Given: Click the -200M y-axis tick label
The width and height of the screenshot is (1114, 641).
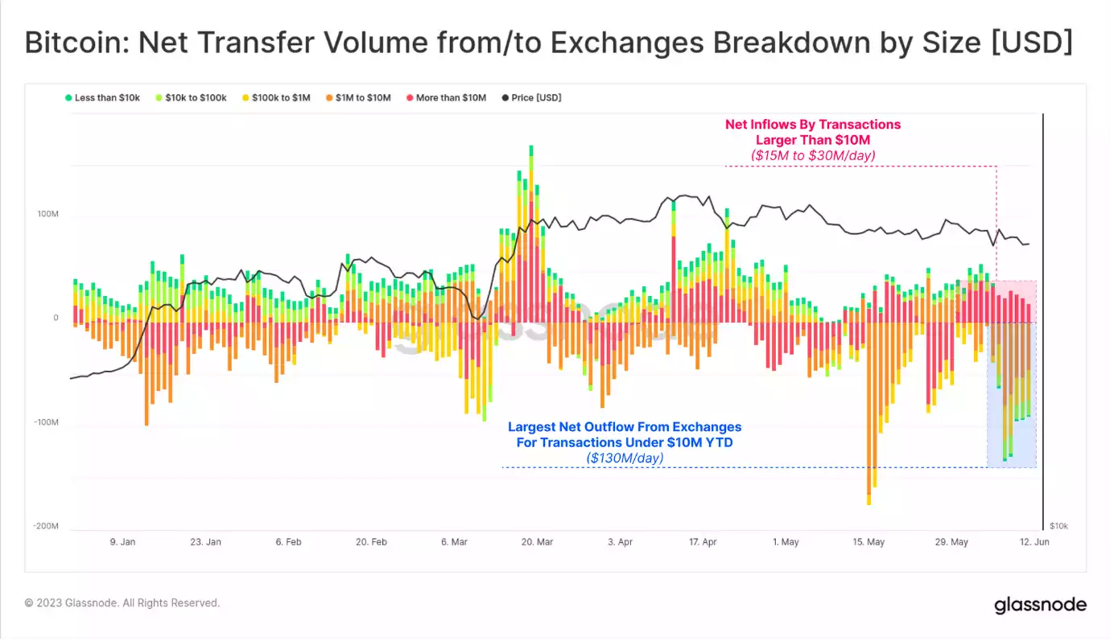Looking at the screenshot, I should click(x=45, y=526).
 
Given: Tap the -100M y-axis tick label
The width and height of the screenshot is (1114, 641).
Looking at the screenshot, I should click(x=45, y=422).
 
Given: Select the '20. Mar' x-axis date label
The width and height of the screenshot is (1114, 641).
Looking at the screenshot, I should click(x=537, y=542).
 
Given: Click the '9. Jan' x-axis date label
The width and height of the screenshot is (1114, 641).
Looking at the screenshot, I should click(x=122, y=542).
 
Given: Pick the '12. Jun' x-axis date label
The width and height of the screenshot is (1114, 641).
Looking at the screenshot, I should click(x=1034, y=542).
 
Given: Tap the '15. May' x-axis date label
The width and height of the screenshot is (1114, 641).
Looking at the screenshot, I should click(x=869, y=542).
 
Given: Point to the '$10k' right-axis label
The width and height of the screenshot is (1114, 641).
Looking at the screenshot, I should click(x=1058, y=526).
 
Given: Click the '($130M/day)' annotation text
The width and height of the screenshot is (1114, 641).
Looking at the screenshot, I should click(x=625, y=458).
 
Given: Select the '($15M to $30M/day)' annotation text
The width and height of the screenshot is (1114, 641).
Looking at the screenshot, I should click(x=813, y=154).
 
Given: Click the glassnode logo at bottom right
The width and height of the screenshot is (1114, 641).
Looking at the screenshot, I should click(x=1040, y=605).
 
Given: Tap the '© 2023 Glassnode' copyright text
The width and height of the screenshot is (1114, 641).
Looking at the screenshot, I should click(x=122, y=602).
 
